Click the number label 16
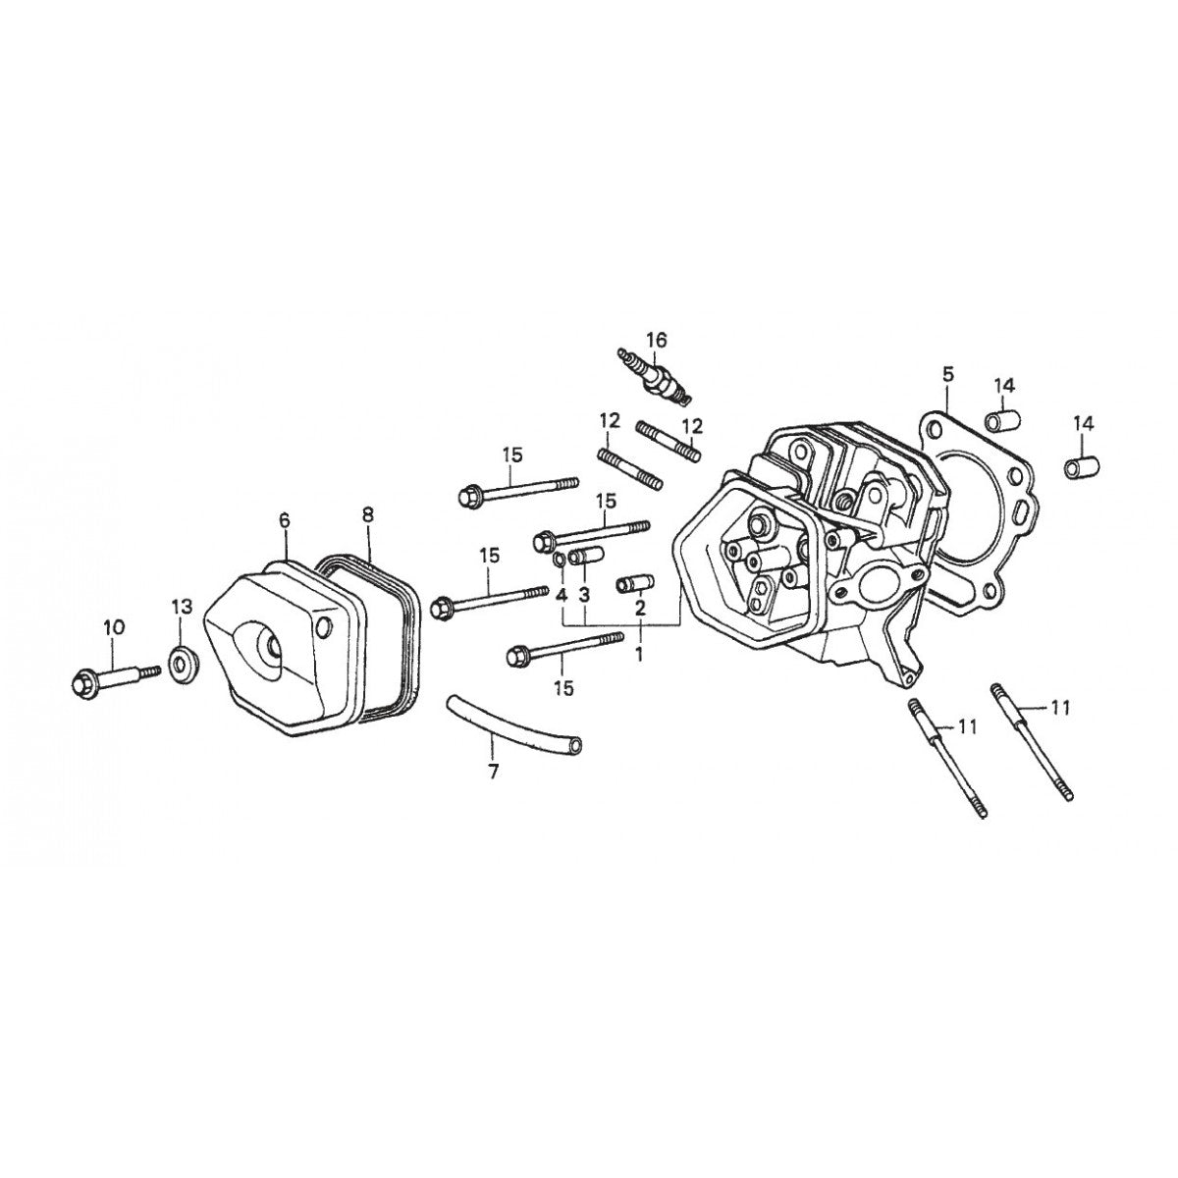coord(657,340)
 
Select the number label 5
coord(947,373)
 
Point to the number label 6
coord(285,520)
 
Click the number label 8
coord(368,513)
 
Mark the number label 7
coord(493,773)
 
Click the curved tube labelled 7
coord(510,723)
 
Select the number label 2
coord(639,609)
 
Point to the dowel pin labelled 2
coord(629,585)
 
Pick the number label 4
coord(562,595)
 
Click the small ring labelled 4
coord(558,560)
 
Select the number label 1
coord(639,652)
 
